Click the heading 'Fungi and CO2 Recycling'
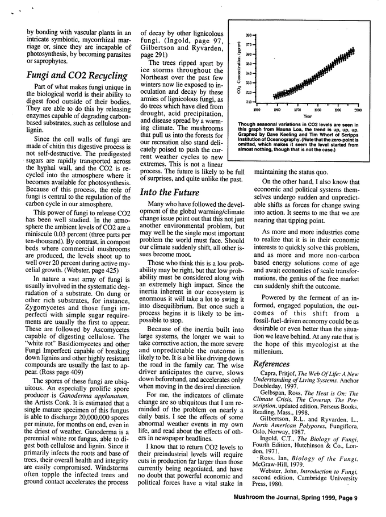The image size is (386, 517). coord(76,76)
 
